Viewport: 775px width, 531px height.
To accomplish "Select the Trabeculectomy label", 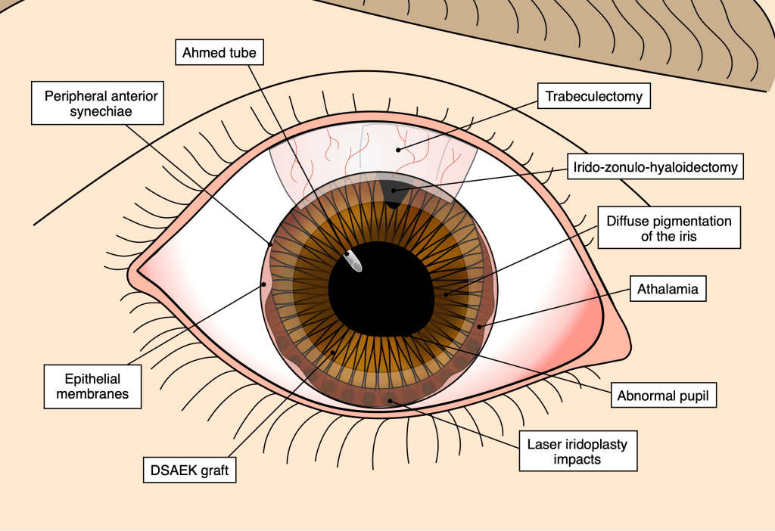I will pos(594,96).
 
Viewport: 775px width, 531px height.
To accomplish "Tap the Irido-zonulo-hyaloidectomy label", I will pos(655,167).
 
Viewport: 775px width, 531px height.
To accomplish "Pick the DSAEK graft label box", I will pos(189,470).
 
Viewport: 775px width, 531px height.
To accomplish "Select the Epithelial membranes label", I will pos(92,387).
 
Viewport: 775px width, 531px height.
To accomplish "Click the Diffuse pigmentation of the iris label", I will pos(669,229).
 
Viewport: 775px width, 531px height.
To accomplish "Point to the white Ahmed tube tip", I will pos(353,259).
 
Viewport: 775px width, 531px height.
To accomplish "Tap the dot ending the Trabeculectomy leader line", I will pos(399,150).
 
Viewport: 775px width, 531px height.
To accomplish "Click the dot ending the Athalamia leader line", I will pos(480,327).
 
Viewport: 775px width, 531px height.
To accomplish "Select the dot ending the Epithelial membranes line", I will pos(263,285).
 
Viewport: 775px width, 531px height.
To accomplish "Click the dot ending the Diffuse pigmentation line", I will pos(446,294).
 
